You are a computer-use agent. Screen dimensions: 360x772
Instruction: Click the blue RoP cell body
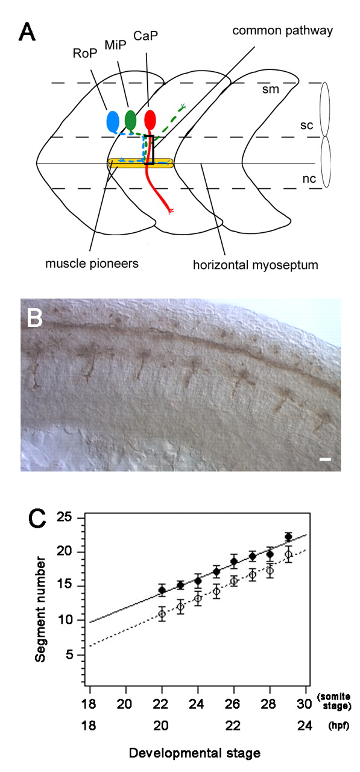point(113,122)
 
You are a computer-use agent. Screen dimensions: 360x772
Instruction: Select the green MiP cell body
point(131,120)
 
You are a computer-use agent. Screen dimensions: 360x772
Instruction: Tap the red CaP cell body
point(150,119)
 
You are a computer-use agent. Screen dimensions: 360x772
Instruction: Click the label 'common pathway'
point(282,31)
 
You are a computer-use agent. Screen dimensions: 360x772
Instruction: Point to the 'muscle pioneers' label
point(92,264)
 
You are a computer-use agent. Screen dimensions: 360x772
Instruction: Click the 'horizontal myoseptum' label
point(256,265)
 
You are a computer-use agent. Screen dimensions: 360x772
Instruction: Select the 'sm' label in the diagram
point(270,90)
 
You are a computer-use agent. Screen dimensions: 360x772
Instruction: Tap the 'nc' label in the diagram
point(309,179)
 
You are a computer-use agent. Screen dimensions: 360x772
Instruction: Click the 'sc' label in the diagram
point(306,125)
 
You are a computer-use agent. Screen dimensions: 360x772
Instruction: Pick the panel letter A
point(27,33)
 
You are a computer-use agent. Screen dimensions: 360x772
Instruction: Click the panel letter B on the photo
point(35,318)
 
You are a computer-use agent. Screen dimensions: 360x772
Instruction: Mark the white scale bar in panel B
point(325,459)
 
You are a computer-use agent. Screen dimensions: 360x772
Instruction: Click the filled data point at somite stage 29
point(288,537)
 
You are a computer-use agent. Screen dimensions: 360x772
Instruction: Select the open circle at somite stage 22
point(162,614)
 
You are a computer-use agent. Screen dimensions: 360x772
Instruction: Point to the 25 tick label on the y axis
point(65,517)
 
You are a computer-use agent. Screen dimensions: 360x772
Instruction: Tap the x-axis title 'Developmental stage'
point(195,753)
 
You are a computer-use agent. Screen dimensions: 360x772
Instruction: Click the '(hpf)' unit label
point(339,726)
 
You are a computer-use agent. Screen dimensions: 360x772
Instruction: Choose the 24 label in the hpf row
point(305,726)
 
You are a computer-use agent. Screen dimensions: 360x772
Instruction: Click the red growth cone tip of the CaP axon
point(170,211)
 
